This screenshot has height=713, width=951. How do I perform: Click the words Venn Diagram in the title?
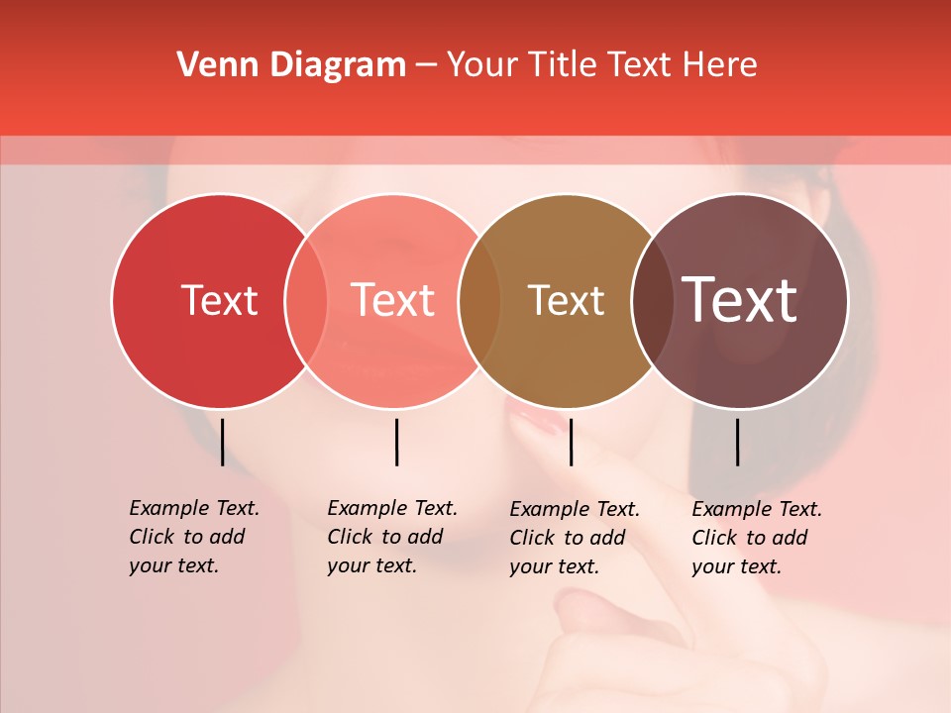click(291, 65)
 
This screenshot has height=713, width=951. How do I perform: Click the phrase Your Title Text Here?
click(601, 65)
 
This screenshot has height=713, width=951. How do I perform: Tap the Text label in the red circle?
click(219, 300)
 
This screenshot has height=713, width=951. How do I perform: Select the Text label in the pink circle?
click(393, 300)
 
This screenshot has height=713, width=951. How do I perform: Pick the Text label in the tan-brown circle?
click(566, 300)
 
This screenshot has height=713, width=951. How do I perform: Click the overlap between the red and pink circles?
click(306, 301)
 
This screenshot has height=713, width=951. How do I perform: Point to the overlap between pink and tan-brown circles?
click(479, 301)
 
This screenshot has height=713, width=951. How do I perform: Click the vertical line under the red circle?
click(222, 442)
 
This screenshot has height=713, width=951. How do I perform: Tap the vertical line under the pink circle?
click(396, 442)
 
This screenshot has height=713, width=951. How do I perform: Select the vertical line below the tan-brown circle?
click(572, 442)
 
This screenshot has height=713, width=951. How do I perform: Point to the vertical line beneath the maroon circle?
click(737, 442)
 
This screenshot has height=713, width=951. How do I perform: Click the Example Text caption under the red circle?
click(194, 537)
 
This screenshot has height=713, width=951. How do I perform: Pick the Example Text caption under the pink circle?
click(392, 537)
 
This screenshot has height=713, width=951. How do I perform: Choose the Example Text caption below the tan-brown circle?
click(575, 538)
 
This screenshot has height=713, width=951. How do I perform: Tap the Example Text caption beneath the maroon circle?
click(757, 538)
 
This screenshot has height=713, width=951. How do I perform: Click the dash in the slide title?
click(426, 66)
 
